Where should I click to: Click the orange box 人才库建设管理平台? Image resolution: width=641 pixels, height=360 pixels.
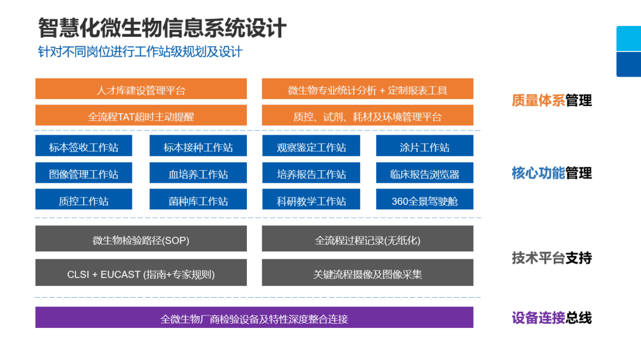coord(141,90)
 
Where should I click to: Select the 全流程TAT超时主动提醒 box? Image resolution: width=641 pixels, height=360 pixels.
coord(141,116)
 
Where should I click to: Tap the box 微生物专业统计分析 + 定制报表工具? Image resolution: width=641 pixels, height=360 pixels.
coord(367,90)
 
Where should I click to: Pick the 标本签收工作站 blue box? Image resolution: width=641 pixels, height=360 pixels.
coord(84,146)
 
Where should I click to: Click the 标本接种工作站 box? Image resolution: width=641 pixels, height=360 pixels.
coord(198,146)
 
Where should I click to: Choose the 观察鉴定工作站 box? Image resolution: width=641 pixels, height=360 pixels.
coord(311,146)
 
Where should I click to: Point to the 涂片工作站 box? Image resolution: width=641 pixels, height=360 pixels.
coord(424,146)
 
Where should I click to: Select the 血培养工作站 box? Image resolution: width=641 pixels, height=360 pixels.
coord(198,174)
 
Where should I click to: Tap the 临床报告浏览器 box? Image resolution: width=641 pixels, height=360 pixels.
coord(424,174)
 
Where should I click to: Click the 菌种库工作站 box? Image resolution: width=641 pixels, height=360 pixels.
coord(198,200)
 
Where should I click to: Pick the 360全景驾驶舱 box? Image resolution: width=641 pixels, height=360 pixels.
coord(424,200)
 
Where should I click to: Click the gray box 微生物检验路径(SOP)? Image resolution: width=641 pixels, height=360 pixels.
coord(141,240)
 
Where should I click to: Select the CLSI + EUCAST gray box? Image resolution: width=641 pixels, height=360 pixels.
coord(141,273)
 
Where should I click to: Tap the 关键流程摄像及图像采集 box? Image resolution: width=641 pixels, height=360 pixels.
coord(367,273)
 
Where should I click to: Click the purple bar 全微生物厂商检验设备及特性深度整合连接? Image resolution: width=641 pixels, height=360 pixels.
coord(254,318)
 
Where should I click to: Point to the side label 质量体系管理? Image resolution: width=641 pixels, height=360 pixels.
coord(551,100)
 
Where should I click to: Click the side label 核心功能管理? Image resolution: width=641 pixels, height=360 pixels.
coord(551,173)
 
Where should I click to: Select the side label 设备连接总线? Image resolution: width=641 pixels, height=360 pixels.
coord(551,318)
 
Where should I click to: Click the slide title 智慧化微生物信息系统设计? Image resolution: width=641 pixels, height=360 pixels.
coord(162,28)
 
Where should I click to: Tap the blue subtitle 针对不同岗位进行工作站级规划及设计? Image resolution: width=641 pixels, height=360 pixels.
coord(140,52)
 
